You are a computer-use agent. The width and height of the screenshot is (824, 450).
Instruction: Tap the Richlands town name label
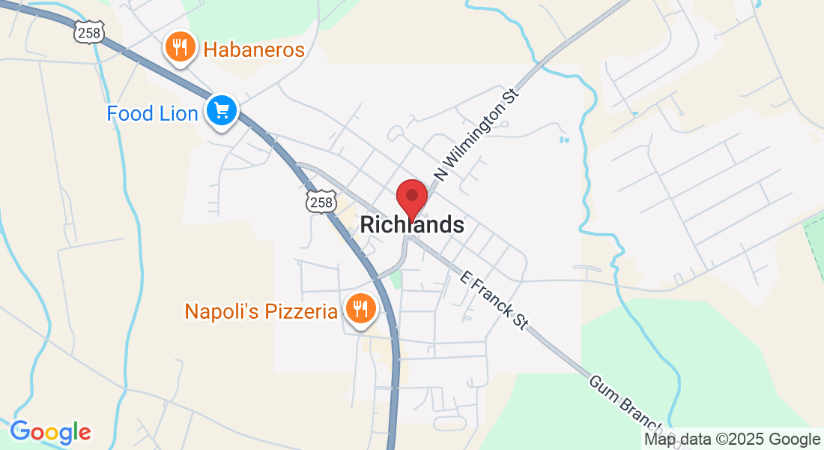click(412, 224)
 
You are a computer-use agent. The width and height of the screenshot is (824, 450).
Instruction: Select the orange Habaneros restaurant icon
click(180, 49)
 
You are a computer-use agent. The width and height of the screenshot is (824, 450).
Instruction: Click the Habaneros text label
click(254, 50)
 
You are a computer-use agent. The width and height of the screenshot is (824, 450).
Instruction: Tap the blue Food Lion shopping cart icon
click(222, 112)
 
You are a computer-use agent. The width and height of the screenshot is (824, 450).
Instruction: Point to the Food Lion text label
click(152, 113)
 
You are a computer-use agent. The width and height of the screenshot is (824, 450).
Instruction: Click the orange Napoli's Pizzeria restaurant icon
click(360, 308)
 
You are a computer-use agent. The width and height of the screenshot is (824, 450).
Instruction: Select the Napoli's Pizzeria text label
click(261, 310)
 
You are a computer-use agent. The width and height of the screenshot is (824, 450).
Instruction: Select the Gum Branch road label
click(628, 404)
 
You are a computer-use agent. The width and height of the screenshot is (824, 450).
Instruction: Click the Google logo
click(50, 432)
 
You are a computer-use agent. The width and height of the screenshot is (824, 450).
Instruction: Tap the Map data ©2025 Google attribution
click(733, 439)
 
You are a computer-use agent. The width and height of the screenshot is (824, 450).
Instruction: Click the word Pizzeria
click(301, 310)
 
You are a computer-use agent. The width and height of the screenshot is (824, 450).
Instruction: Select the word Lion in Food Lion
click(178, 113)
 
